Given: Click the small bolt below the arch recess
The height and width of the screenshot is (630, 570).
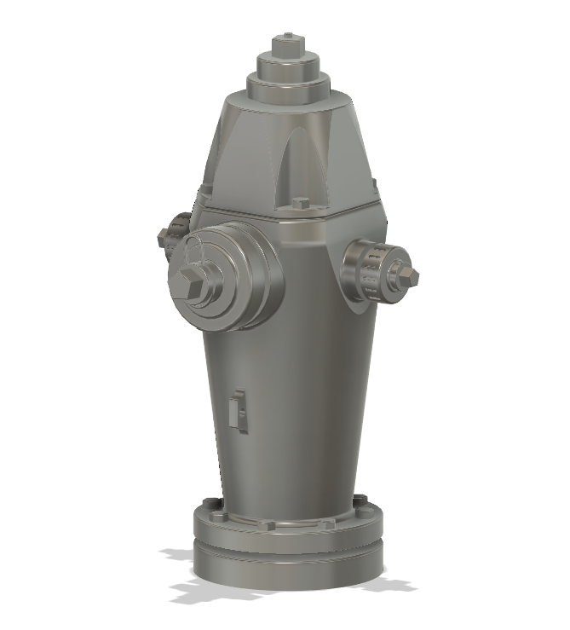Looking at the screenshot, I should (x=301, y=204).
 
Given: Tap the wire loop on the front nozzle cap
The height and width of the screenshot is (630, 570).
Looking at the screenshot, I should (x=195, y=251).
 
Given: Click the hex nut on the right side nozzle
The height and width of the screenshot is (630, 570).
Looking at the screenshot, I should (x=405, y=274).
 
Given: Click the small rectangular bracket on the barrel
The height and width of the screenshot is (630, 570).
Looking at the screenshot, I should (x=239, y=410).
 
